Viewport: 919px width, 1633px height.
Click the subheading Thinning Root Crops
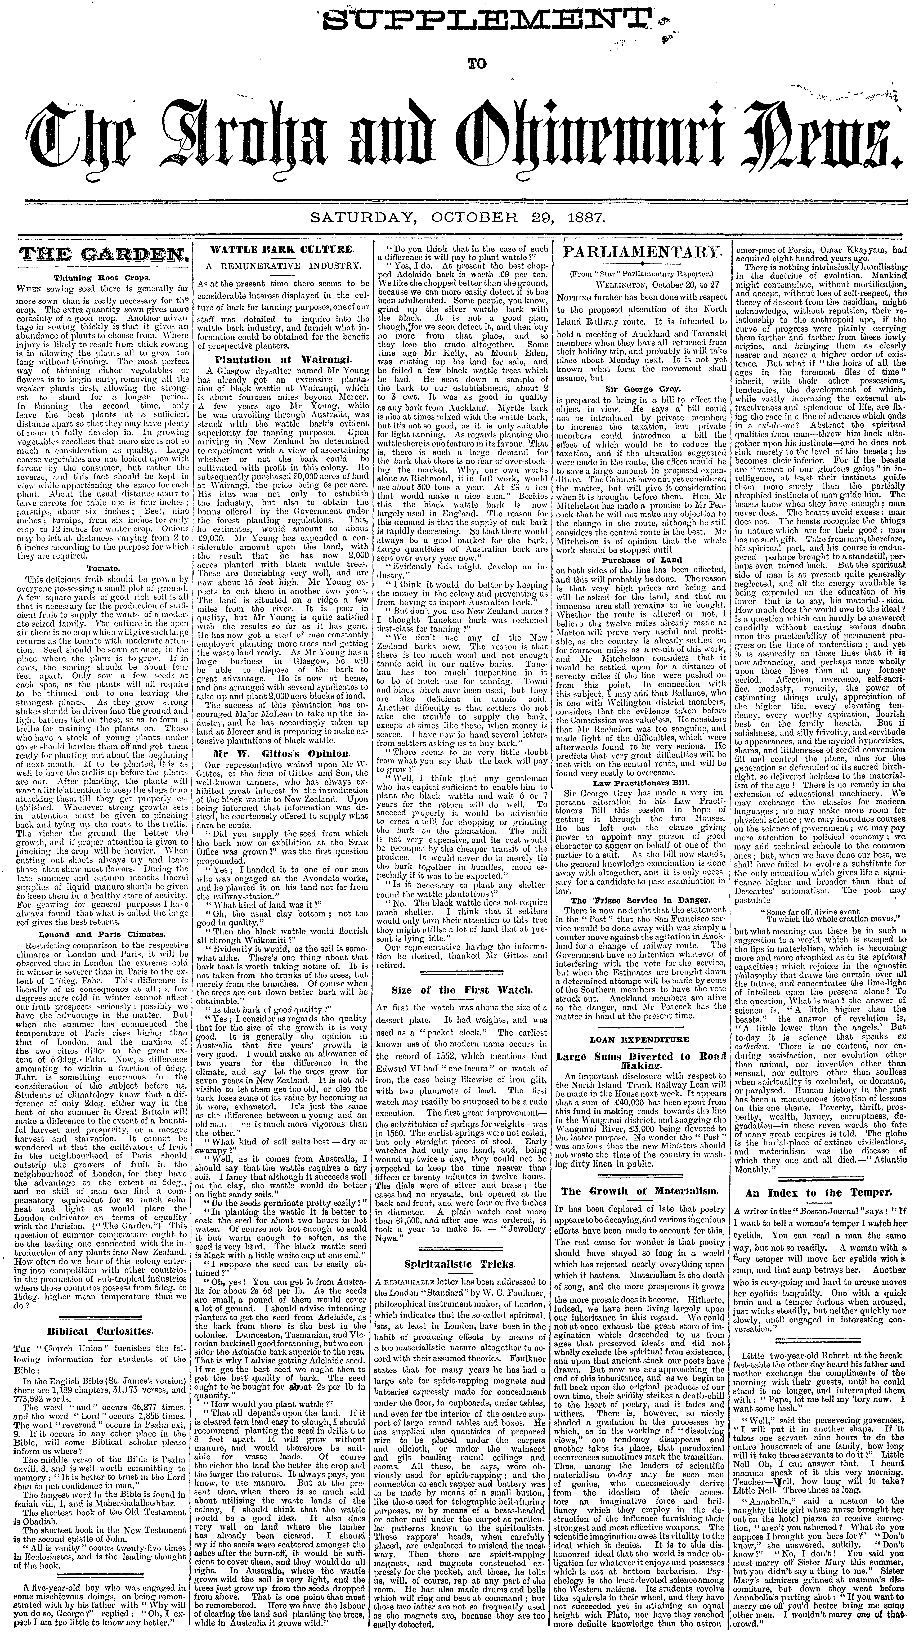coord(98,277)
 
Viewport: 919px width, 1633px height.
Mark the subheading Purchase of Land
coord(641,560)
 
